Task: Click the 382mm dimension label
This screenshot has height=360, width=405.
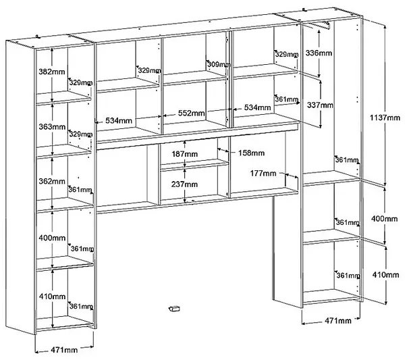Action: pyautogui.click(x=52, y=72)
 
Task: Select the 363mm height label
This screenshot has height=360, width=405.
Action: pyautogui.click(x=52, y=126)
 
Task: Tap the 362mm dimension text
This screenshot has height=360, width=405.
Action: pyautogui.click(x=52, y=181)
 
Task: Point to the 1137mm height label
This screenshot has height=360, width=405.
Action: pyautogui.click(x=385, y=118)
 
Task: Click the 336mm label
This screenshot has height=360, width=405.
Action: pyautogui.click(x=319, y=53)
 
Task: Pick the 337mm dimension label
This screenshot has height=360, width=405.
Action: pyautogui.click(x=320, y=105)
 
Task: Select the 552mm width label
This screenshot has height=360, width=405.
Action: pyautogui.click(x=192, y=113)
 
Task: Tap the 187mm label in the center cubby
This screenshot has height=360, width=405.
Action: pyautogui.click(x=185, y=154)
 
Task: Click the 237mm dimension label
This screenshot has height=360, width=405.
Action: pyautogui.click(x=184, y=184)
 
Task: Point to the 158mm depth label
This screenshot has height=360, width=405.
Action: pyautogui.click(x=251, y=153)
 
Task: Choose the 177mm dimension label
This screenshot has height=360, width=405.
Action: pyautogui.click(x=263, y=173)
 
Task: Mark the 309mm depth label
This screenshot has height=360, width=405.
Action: pyautogui.click(x=219, y=64)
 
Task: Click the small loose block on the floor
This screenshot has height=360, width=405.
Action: pyautogui.click(x=174, y=308)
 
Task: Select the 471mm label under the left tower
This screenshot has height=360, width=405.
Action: pyautogui.click(x=64, y=350)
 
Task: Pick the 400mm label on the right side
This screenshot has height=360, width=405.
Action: pyautogui.click(x=384, y=219)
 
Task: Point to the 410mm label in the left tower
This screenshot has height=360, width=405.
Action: pyautogui.click(x=52, y=296)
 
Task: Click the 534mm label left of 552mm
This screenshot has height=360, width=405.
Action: pyautogui.click(x=119, y=120)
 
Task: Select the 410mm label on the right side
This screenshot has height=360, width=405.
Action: pyautogui.click(x=385, y=274)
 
